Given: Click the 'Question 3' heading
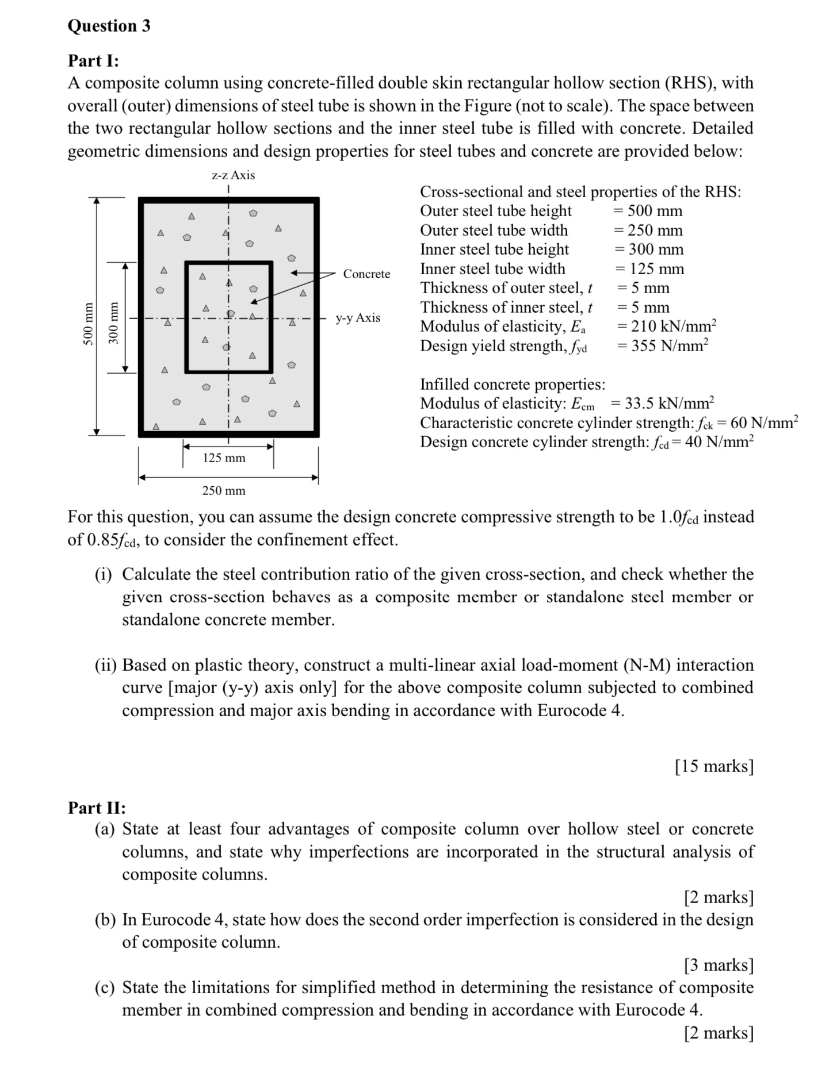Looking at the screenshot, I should point(109,26).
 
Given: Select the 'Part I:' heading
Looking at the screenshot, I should point(93,60).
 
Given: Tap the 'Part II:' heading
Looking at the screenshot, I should point(97,808).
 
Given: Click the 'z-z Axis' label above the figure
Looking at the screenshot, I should point(233,175).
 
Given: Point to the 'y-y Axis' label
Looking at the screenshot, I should point(358,318).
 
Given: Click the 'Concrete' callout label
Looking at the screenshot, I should point(366,274).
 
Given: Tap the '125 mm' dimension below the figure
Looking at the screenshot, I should point(224,458).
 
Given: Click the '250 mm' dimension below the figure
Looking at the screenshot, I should point(224,490).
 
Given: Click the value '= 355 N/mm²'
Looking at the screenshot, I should point(662,346).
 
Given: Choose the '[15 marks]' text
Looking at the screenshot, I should point(714,766).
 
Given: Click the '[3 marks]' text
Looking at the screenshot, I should point(718,964).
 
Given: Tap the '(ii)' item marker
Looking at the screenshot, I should point(105,665).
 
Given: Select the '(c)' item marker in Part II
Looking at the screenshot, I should point(105,987).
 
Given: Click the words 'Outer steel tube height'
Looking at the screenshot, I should point(496,211).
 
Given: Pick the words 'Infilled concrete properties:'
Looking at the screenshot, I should point(513,384).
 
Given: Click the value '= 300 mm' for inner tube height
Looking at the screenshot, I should point(648,249).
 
